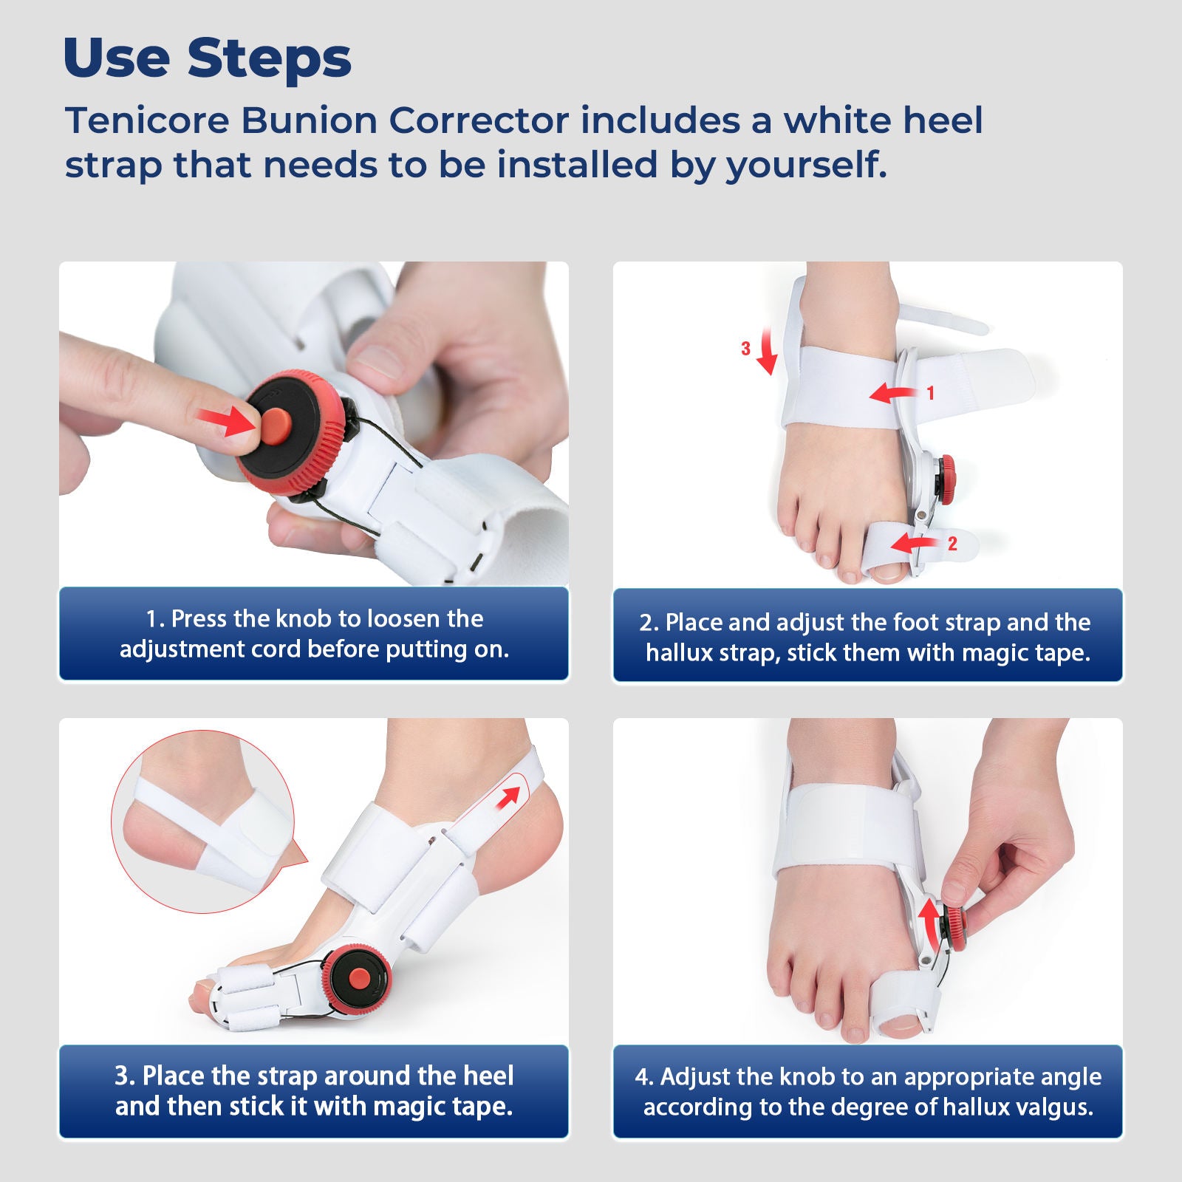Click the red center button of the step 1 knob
click(274, 426)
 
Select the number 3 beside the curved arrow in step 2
click(745, 349)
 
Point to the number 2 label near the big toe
click(952, 544)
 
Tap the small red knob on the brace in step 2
click(947, 468)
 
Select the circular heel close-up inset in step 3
click(203, 821)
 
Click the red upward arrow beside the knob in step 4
click(928, 921)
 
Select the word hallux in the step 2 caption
click(676, 653)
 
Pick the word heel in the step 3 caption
click(488, 1076)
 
